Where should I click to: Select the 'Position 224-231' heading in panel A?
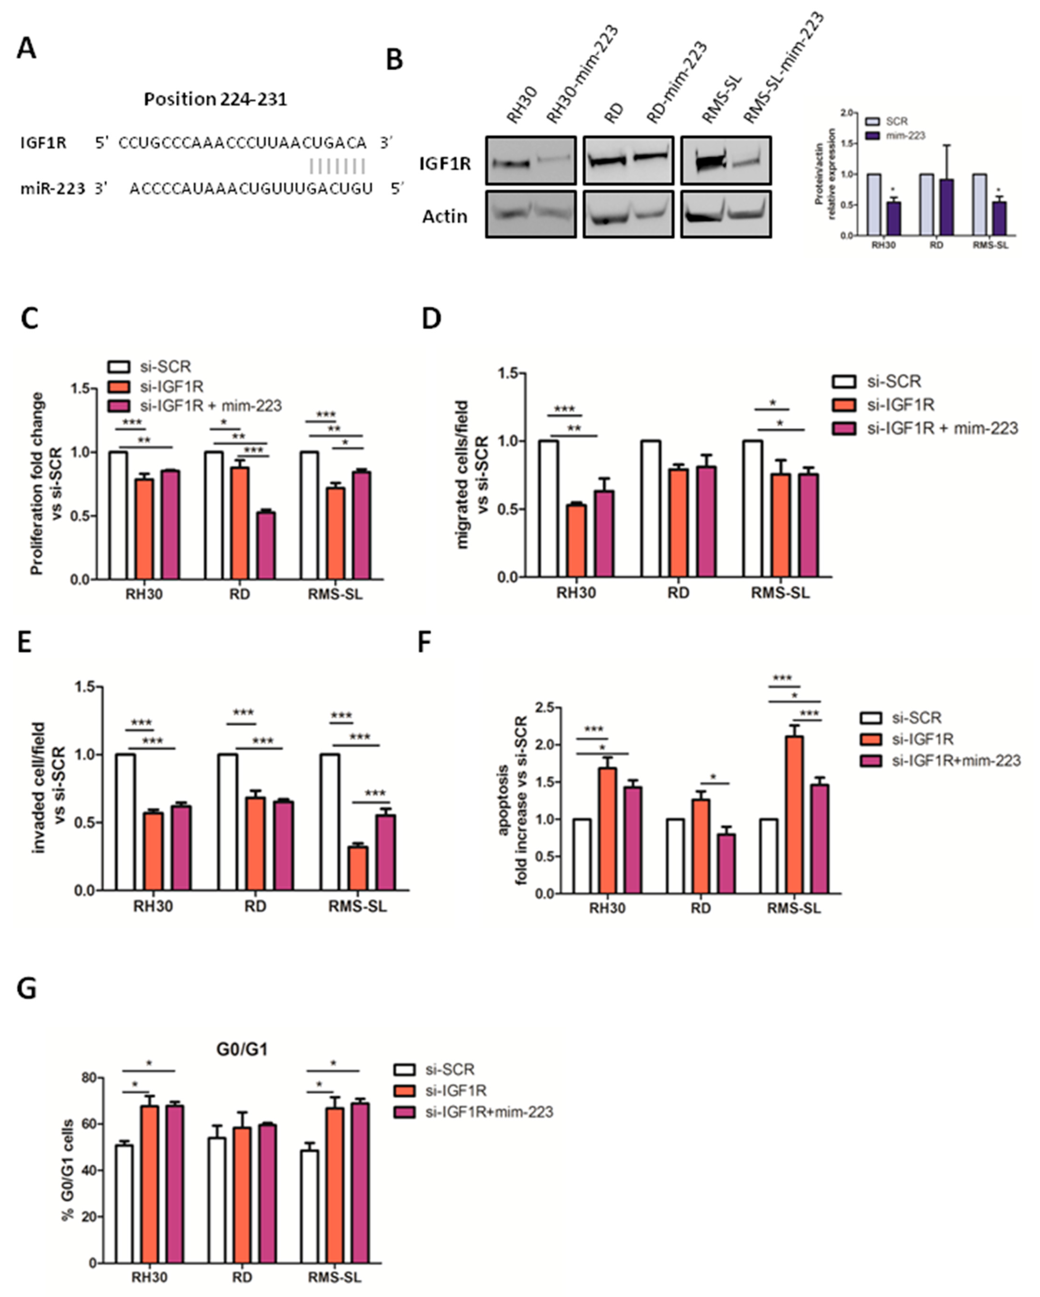pos(215,99)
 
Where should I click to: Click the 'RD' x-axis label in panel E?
pos(255,906)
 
